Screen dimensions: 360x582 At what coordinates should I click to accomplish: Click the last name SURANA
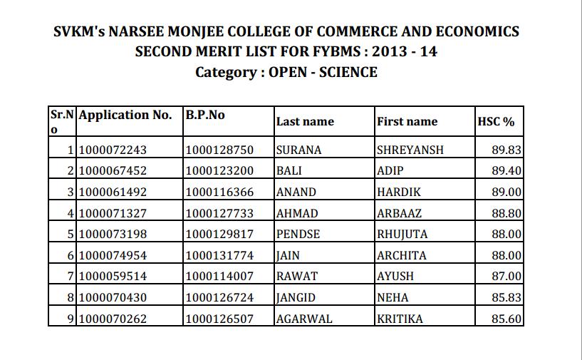point(298,150)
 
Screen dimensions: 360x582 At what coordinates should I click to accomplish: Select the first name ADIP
point(389,171)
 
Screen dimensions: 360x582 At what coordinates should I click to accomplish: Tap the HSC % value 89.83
point(506,150)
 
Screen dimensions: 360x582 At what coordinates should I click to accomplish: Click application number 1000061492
point(113,192)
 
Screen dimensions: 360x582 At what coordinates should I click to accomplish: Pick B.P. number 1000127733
point(219,213)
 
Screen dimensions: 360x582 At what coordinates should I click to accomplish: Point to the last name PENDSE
point(298,235)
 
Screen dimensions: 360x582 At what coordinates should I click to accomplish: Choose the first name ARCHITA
point(401,255)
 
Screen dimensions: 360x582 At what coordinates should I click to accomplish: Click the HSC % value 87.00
point(506,277)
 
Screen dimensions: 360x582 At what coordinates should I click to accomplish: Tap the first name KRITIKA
point(400,319)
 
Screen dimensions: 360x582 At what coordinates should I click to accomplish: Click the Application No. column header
point(125,115)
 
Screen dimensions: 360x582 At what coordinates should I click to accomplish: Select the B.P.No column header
point(205,115)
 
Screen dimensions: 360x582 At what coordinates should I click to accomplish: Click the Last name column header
point(305,122)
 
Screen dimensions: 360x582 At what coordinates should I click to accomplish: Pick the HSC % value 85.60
point(506,319)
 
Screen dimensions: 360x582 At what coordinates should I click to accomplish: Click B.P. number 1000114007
point(219,277)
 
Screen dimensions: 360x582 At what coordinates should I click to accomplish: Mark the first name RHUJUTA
point(403,235)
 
